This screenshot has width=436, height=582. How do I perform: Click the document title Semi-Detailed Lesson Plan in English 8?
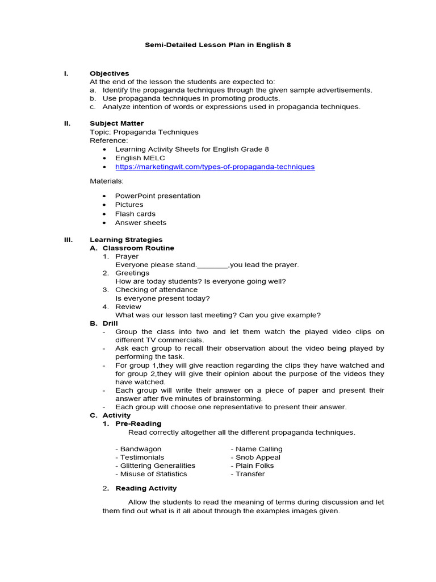(x=218, y=44)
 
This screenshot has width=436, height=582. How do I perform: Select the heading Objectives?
(x=109, y=73)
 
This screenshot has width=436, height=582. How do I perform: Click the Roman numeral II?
(x=66, y=123)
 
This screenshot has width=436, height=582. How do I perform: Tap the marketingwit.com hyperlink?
(x=215, y=167)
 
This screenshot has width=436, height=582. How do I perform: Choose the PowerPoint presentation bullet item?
(x=157, y=196)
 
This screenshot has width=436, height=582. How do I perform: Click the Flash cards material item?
(x=135, y=214)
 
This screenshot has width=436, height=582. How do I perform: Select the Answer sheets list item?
(x=140, y=222)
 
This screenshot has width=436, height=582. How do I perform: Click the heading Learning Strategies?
(x=126, y=240)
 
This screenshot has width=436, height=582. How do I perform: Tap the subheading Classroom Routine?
(x=138, y=248)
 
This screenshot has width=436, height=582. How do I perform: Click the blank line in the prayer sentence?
(x=213, y=265)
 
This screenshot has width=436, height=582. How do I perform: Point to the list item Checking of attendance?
(x=156, y=290)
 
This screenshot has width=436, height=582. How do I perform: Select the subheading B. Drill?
(x=104, y=323)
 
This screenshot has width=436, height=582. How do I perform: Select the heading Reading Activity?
(x=146, y=488)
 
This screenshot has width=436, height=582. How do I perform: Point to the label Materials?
(x=107, y=181)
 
